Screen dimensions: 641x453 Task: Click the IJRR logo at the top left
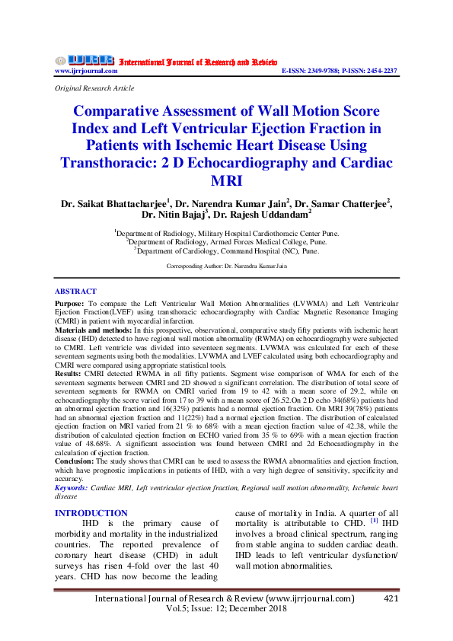(x=84, y=59)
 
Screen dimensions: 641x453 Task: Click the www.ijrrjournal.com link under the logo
(x=86, y=71)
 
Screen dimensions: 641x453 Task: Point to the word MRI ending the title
(x=226, y=181)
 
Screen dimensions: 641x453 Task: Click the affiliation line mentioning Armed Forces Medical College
(x=226, y=241)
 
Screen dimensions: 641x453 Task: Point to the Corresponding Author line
(x=226, y=266)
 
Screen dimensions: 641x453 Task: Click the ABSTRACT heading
(x=75, y=292)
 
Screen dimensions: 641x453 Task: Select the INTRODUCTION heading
(x=91, y=513)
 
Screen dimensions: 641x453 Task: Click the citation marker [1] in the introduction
(x=374, y=521)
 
